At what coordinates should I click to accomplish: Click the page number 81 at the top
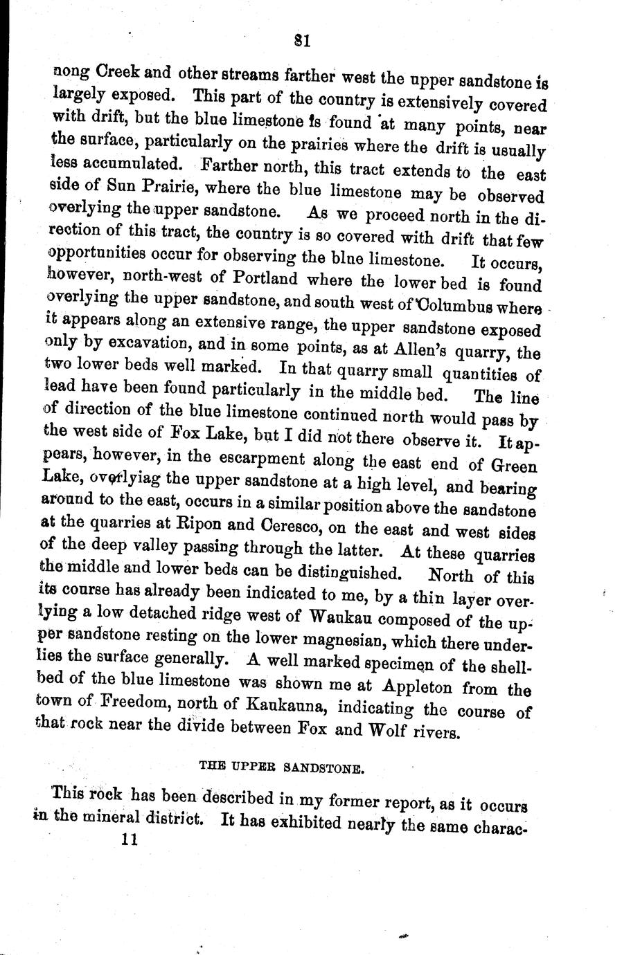(x=301, y=41)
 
